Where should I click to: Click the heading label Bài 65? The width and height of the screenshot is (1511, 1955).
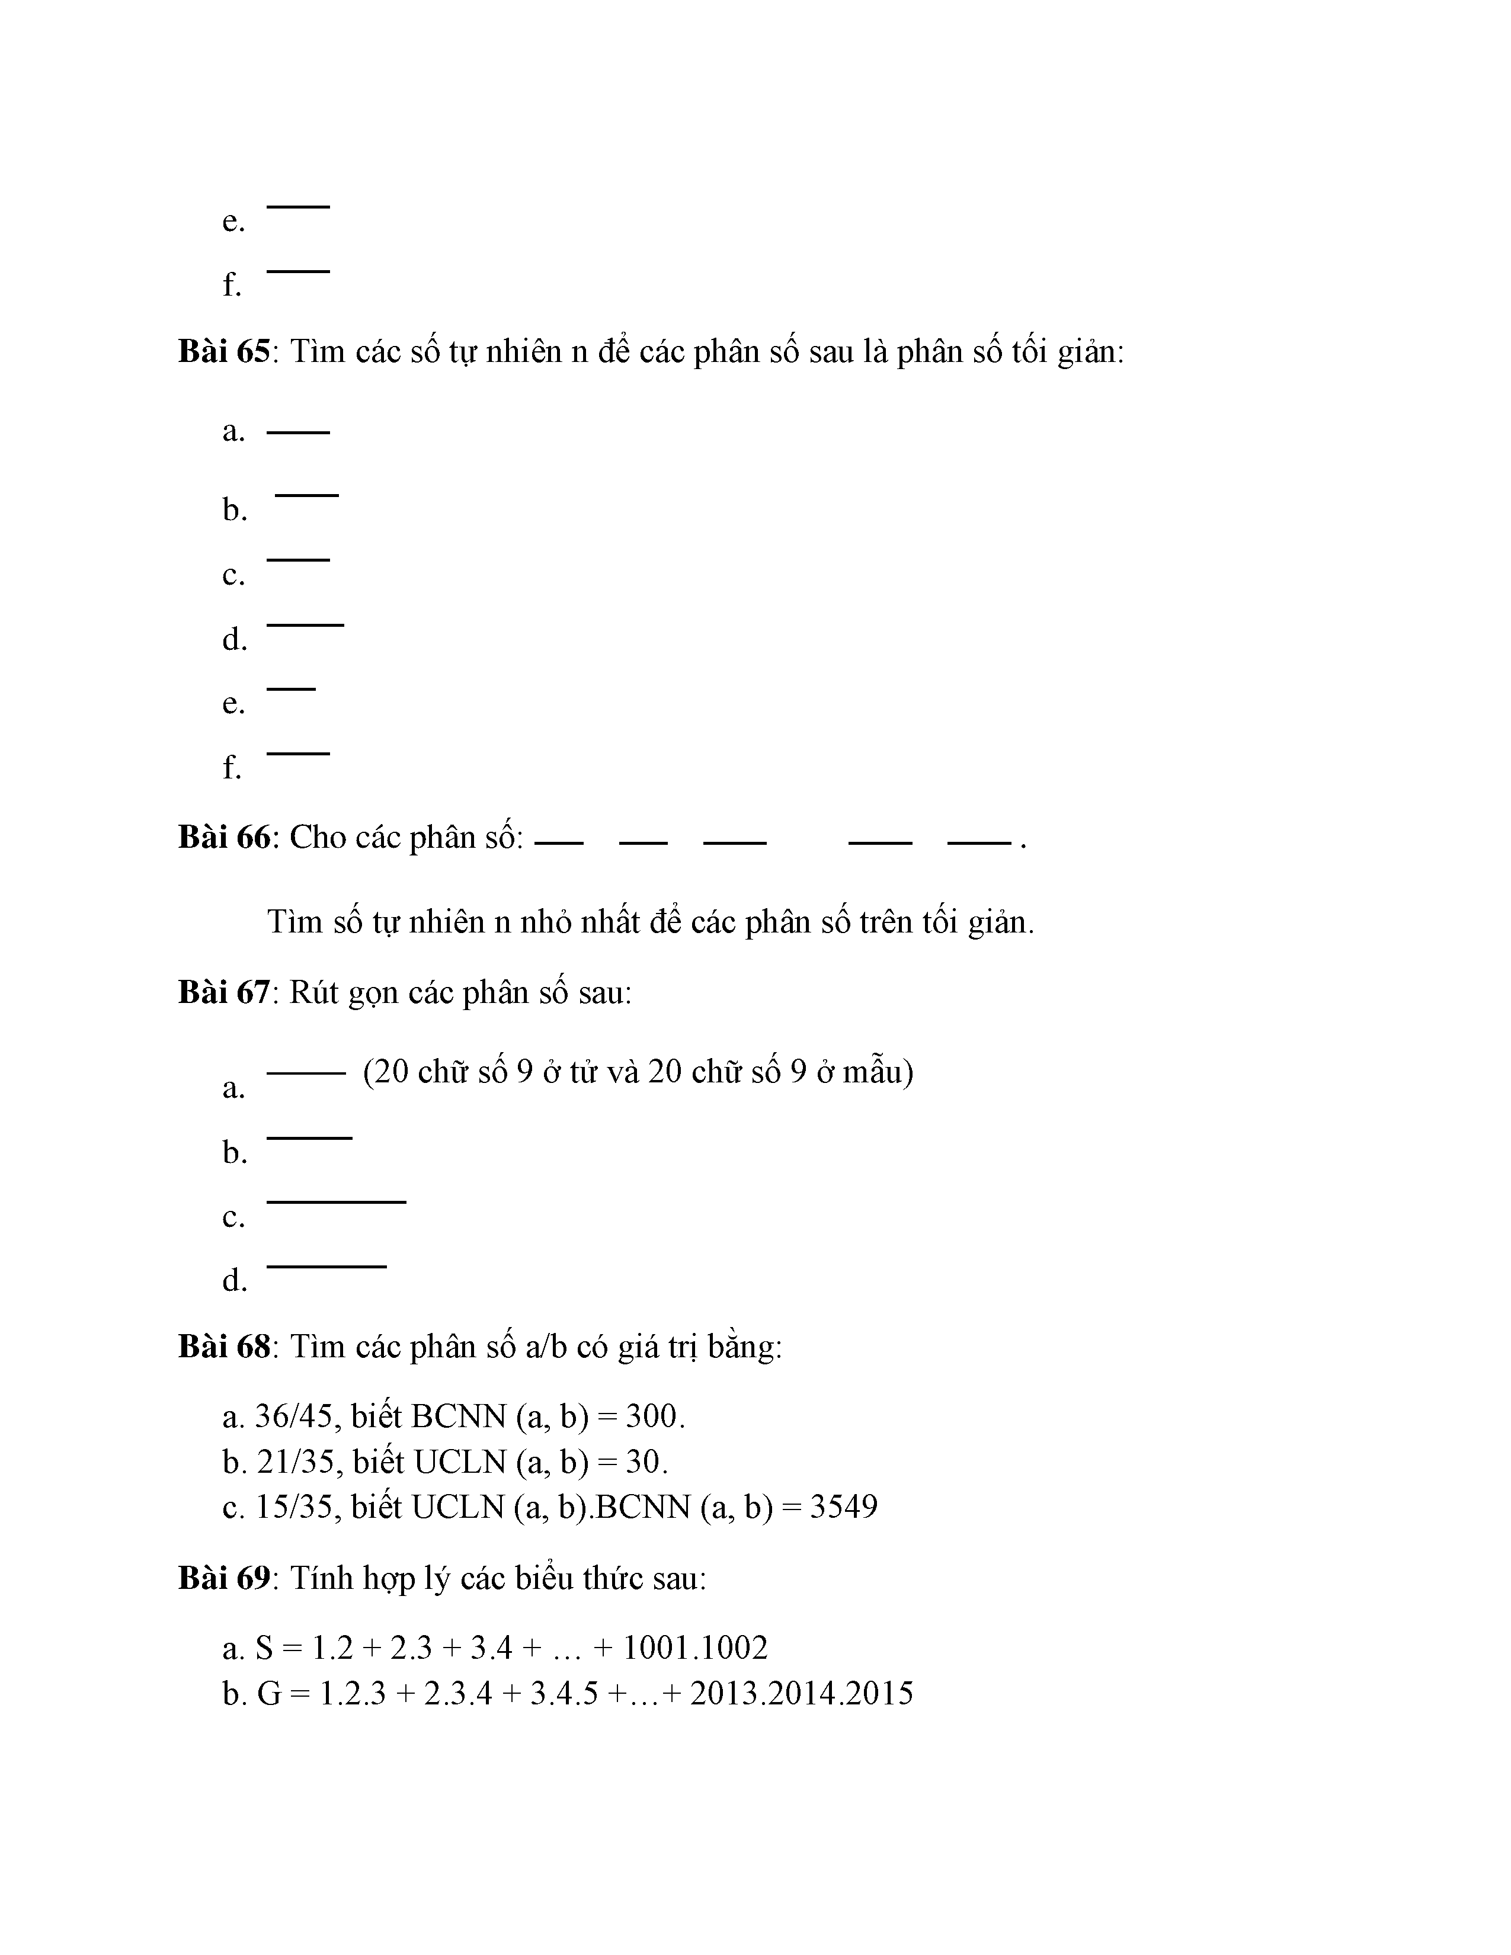coord(224,352)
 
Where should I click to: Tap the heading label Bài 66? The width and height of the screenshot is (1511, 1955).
coord(224,837)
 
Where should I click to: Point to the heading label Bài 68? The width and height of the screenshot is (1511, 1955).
coord(224,1347)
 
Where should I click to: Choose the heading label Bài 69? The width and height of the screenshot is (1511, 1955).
coord(224,1578)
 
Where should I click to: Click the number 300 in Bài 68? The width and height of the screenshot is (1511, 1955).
coord(654,1416)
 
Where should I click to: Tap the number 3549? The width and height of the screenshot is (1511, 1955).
coord(843,1508)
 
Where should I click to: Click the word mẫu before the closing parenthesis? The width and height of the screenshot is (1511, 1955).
coord(873,1072)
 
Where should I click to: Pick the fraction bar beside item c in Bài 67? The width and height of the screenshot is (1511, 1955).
coord(337,1202)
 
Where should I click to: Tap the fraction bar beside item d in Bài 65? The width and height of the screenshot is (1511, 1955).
coord(305,625)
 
